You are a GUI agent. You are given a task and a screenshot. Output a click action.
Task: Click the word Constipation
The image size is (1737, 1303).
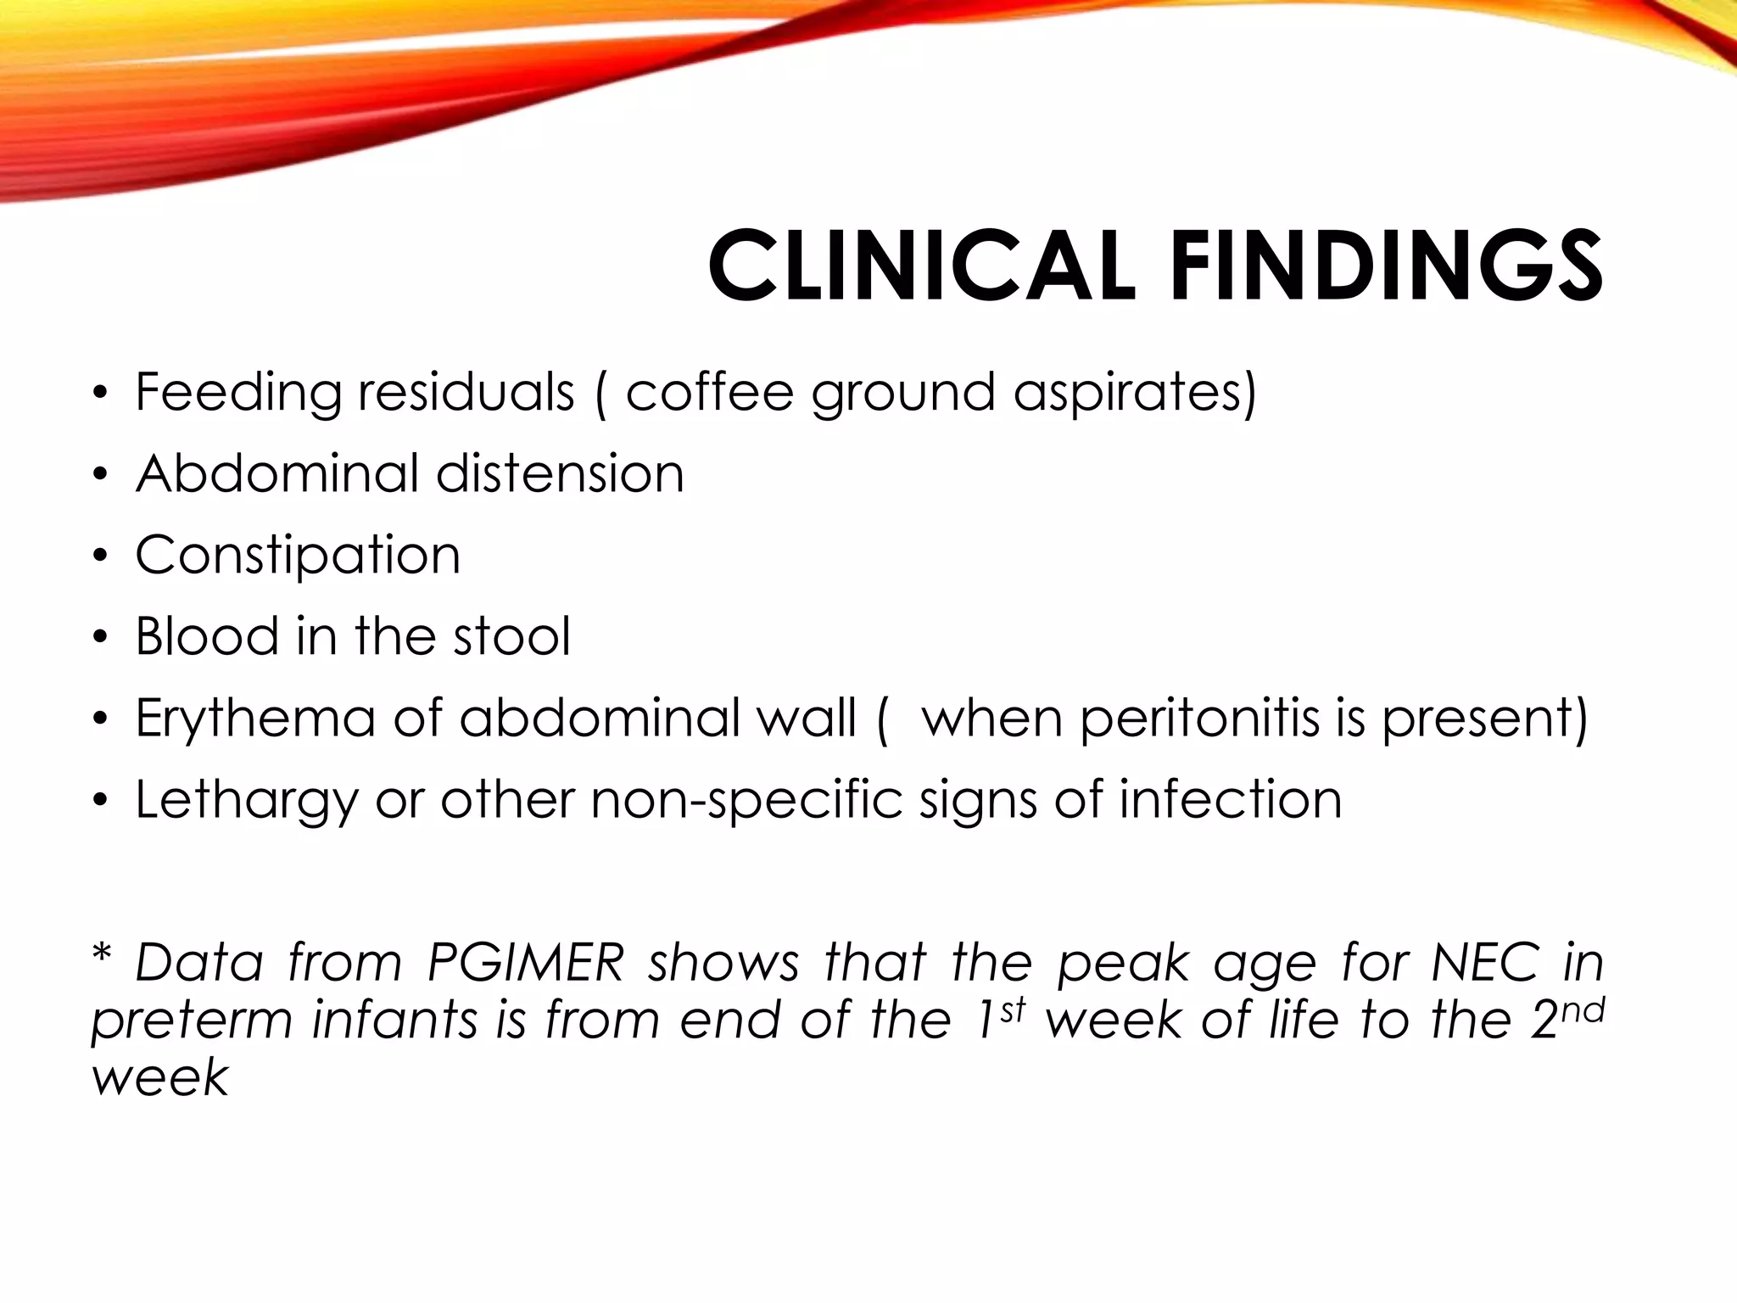tap(298, 556)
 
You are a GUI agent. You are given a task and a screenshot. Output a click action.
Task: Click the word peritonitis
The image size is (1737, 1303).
tap(1200, 719)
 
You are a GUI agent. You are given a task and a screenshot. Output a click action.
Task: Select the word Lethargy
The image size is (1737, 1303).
tap(247, 801)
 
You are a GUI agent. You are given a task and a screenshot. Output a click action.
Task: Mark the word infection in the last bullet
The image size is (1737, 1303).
tap(1230, 799)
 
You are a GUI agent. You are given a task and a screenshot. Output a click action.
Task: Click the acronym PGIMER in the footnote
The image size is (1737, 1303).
tap(526, 963)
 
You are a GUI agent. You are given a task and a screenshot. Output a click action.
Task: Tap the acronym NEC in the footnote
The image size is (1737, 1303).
tap(1484, 963)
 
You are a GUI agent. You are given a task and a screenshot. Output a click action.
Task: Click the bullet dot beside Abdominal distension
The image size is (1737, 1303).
tap(101, 475)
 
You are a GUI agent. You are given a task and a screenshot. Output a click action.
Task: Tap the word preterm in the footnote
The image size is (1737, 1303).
tap(192, 1021)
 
